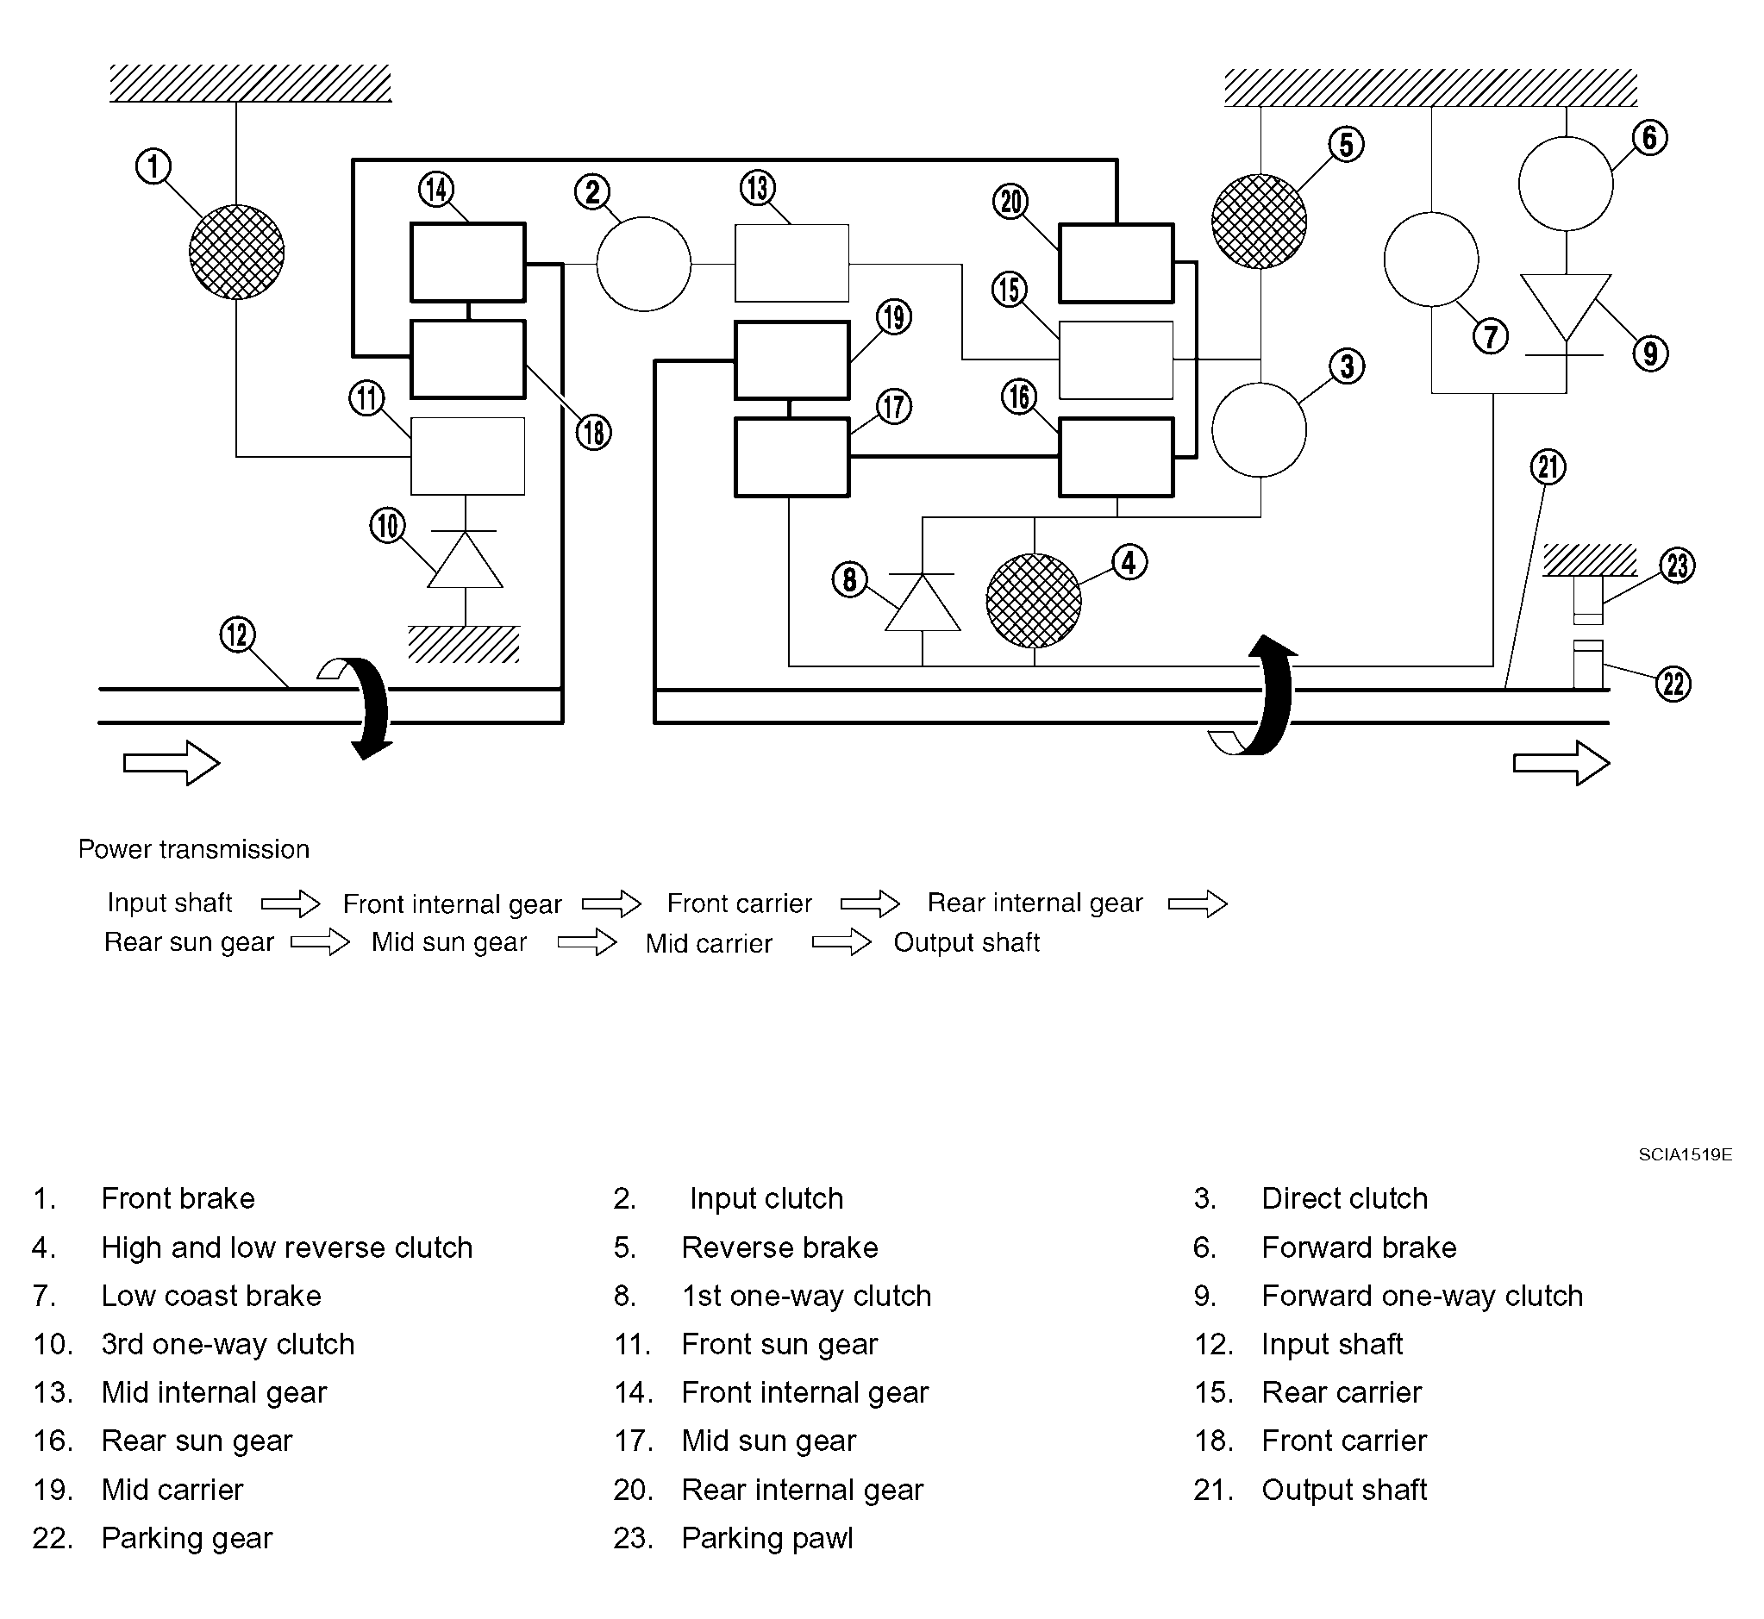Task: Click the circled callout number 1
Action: (x=153, y=166)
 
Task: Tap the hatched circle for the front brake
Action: (x=236, y=253)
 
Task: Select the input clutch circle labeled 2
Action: (x=644, y=264)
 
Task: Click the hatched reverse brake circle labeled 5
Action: (x=1260, y=221)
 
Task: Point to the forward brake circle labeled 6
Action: (x=1566, y=184)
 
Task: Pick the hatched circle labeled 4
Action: (x=1034, y=601)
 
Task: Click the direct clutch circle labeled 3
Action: (x=1260, y=430)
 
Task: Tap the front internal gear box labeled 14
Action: (x=468, y=263)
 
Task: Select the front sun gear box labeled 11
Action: (x=468, y=456)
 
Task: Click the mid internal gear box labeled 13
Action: (x=791, y=263)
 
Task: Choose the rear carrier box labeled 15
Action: (x=1117, y=360)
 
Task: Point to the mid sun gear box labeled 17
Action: (x=792, y=457)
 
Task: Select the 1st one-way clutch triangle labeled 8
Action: (x=923, y=602)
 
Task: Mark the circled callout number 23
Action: (x=1677, y=565)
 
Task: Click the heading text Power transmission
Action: (x=194, y=849)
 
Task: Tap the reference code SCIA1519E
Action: (x=1686, y=1154)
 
